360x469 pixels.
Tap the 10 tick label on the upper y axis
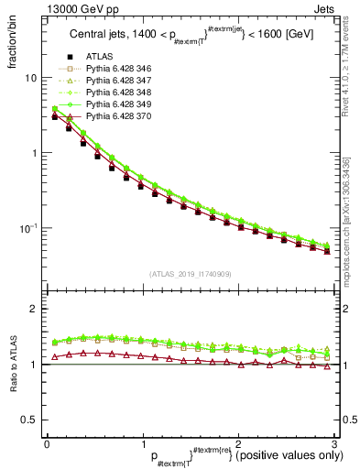point(30,78)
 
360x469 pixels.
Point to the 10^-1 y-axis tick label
point(28,226)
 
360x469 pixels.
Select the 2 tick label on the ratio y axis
point(33,309)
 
